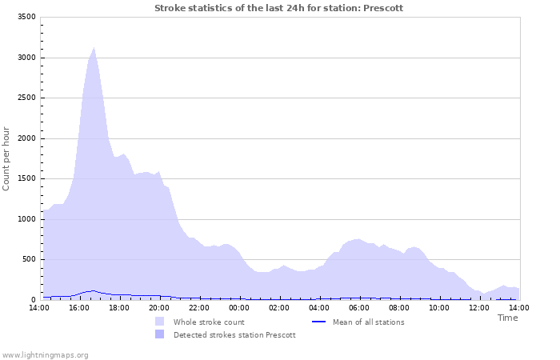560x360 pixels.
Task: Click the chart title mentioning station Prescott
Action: (x=278, y=8)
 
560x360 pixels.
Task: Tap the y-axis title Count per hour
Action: (x=7, y=158)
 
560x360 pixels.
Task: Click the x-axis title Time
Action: (x=507, y=318)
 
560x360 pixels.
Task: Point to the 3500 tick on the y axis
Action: (x=26, y=17)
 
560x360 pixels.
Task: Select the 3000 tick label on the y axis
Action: (x=26, y=58)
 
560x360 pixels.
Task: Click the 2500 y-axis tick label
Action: (x=26, y=98)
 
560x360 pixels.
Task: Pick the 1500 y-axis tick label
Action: (x=26, y=178)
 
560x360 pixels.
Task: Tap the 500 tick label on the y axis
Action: (x=28, y=259)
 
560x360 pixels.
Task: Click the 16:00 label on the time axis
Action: (x=79, y=307)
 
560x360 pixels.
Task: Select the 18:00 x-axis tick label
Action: (x=119, y=307)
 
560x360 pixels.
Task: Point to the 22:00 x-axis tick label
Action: (x=199, y=307)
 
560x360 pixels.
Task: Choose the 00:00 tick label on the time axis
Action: (x=239, y=307)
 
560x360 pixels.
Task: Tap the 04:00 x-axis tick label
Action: (x=319, y=307)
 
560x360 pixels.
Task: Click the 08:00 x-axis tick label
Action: (x=399, y=307)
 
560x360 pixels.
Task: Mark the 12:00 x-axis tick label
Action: (x=479, y=307)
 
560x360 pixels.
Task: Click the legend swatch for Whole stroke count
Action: (x=160, y=322)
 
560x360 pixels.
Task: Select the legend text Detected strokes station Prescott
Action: (x=234, y=335)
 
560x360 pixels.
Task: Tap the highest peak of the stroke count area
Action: (x=94, y=48)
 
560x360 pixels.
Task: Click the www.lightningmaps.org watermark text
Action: (x=46, y=354)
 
